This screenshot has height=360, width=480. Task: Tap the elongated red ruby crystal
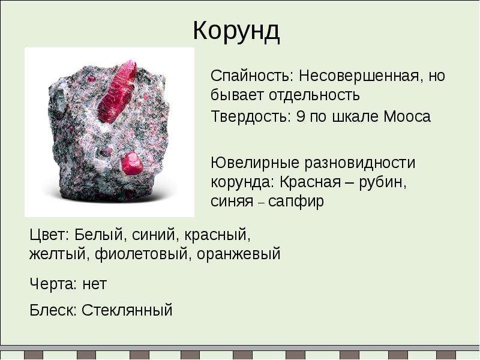pos(117,91)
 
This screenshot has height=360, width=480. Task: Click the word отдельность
pos(314,95)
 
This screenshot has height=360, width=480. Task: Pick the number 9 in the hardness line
pos(301,116)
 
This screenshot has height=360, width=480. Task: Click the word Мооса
pos(407,116)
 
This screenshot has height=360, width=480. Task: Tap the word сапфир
pos(296,202)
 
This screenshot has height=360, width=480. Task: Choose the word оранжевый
pos(238,254)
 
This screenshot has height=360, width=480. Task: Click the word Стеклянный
pos(127,310)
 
